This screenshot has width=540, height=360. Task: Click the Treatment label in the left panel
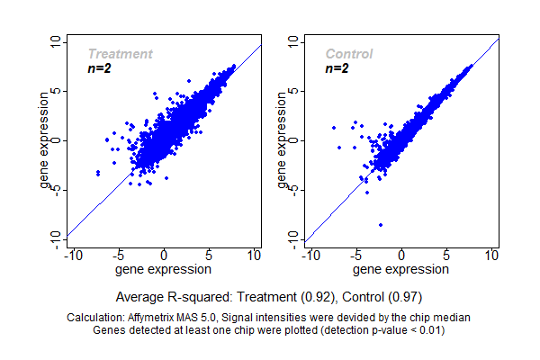coord(120,54)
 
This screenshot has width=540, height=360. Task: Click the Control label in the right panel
coord(349,54)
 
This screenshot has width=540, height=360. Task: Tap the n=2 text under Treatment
coord(99,68)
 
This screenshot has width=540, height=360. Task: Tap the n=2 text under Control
coord(337,68)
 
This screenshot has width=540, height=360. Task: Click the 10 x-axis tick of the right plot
coord(491,256)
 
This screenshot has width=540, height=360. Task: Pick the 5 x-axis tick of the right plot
coord(446,256)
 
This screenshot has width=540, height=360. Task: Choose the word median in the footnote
coord(453,318)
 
